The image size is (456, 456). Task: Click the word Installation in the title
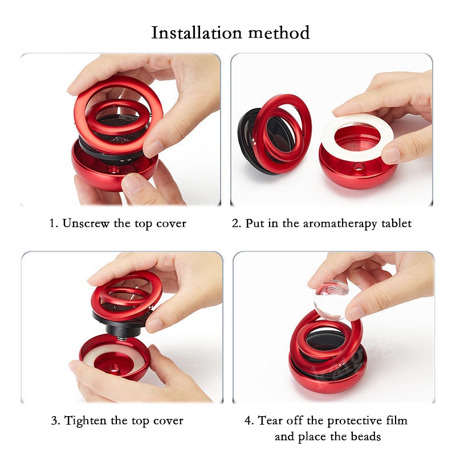click(197, 32)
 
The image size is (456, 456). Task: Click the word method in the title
click(279, 32)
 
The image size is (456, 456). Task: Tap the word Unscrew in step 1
click(86, 223)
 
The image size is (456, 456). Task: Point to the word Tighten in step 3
click(85, 421)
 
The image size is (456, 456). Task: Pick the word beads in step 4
click(365, 437)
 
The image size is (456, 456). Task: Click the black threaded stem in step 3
click(123, 329)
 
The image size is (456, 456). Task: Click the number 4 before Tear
click(248, 421)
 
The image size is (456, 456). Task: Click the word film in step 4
click(397, 421)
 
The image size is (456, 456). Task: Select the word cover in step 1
click(172, 223)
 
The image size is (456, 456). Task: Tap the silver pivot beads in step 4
click(342, 364)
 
